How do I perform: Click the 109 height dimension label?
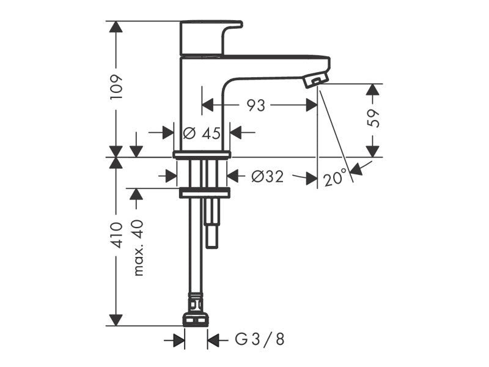coord(117,87)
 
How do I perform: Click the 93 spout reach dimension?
coord(256,105)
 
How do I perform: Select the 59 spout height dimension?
coord(373,118)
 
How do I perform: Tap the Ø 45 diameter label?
coord(202,133)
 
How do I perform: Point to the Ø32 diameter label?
coord(268,177)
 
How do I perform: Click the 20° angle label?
coord(336,178)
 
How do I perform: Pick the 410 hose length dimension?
coord(117,235)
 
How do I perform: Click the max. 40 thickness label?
coord(138,248)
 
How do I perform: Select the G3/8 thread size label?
coord(259,339)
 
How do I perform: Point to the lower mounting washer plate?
coord(205,193)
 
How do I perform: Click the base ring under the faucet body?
coord(202,155)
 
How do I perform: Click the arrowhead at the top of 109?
coord(116,26)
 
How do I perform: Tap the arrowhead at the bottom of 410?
coord(116,320)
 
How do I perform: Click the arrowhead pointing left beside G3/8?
coord(213,339)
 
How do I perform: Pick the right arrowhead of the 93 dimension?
coord(311,105)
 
